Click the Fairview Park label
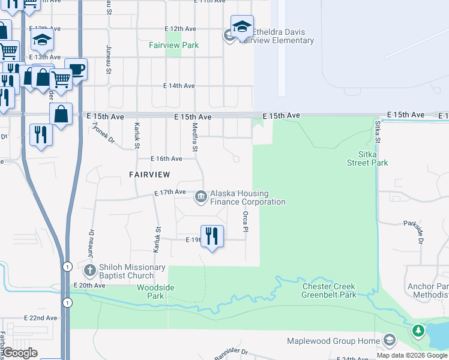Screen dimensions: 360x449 point(174,45)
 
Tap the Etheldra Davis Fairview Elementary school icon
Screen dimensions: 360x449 point(242,28)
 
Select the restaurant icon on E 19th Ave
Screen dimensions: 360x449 point(211,236)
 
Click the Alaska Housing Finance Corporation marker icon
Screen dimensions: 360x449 point(200,196)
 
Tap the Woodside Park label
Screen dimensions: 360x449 point(155,292)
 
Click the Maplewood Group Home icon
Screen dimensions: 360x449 point(389,341)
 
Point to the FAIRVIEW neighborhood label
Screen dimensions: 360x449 point(149,174)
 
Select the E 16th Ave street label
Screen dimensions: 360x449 point(167,159)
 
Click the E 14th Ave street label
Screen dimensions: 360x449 point(179,86)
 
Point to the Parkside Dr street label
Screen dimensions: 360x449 point(414,230)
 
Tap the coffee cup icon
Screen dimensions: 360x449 point(76,69)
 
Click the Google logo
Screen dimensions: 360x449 point(20,353)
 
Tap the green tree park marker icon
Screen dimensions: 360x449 point(418,331)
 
